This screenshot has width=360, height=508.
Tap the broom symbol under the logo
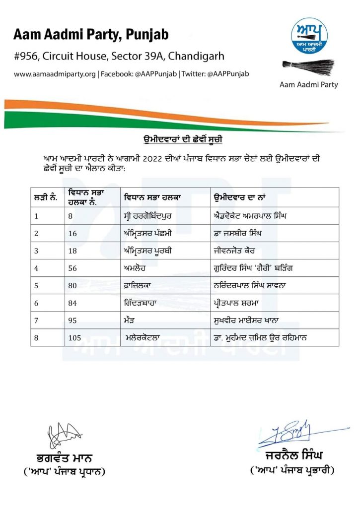(308, 66)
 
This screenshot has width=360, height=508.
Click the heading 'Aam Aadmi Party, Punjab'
(91, 34)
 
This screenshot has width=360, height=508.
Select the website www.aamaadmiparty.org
(55, 74)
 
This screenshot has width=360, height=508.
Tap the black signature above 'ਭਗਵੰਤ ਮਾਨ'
(62, 435)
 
